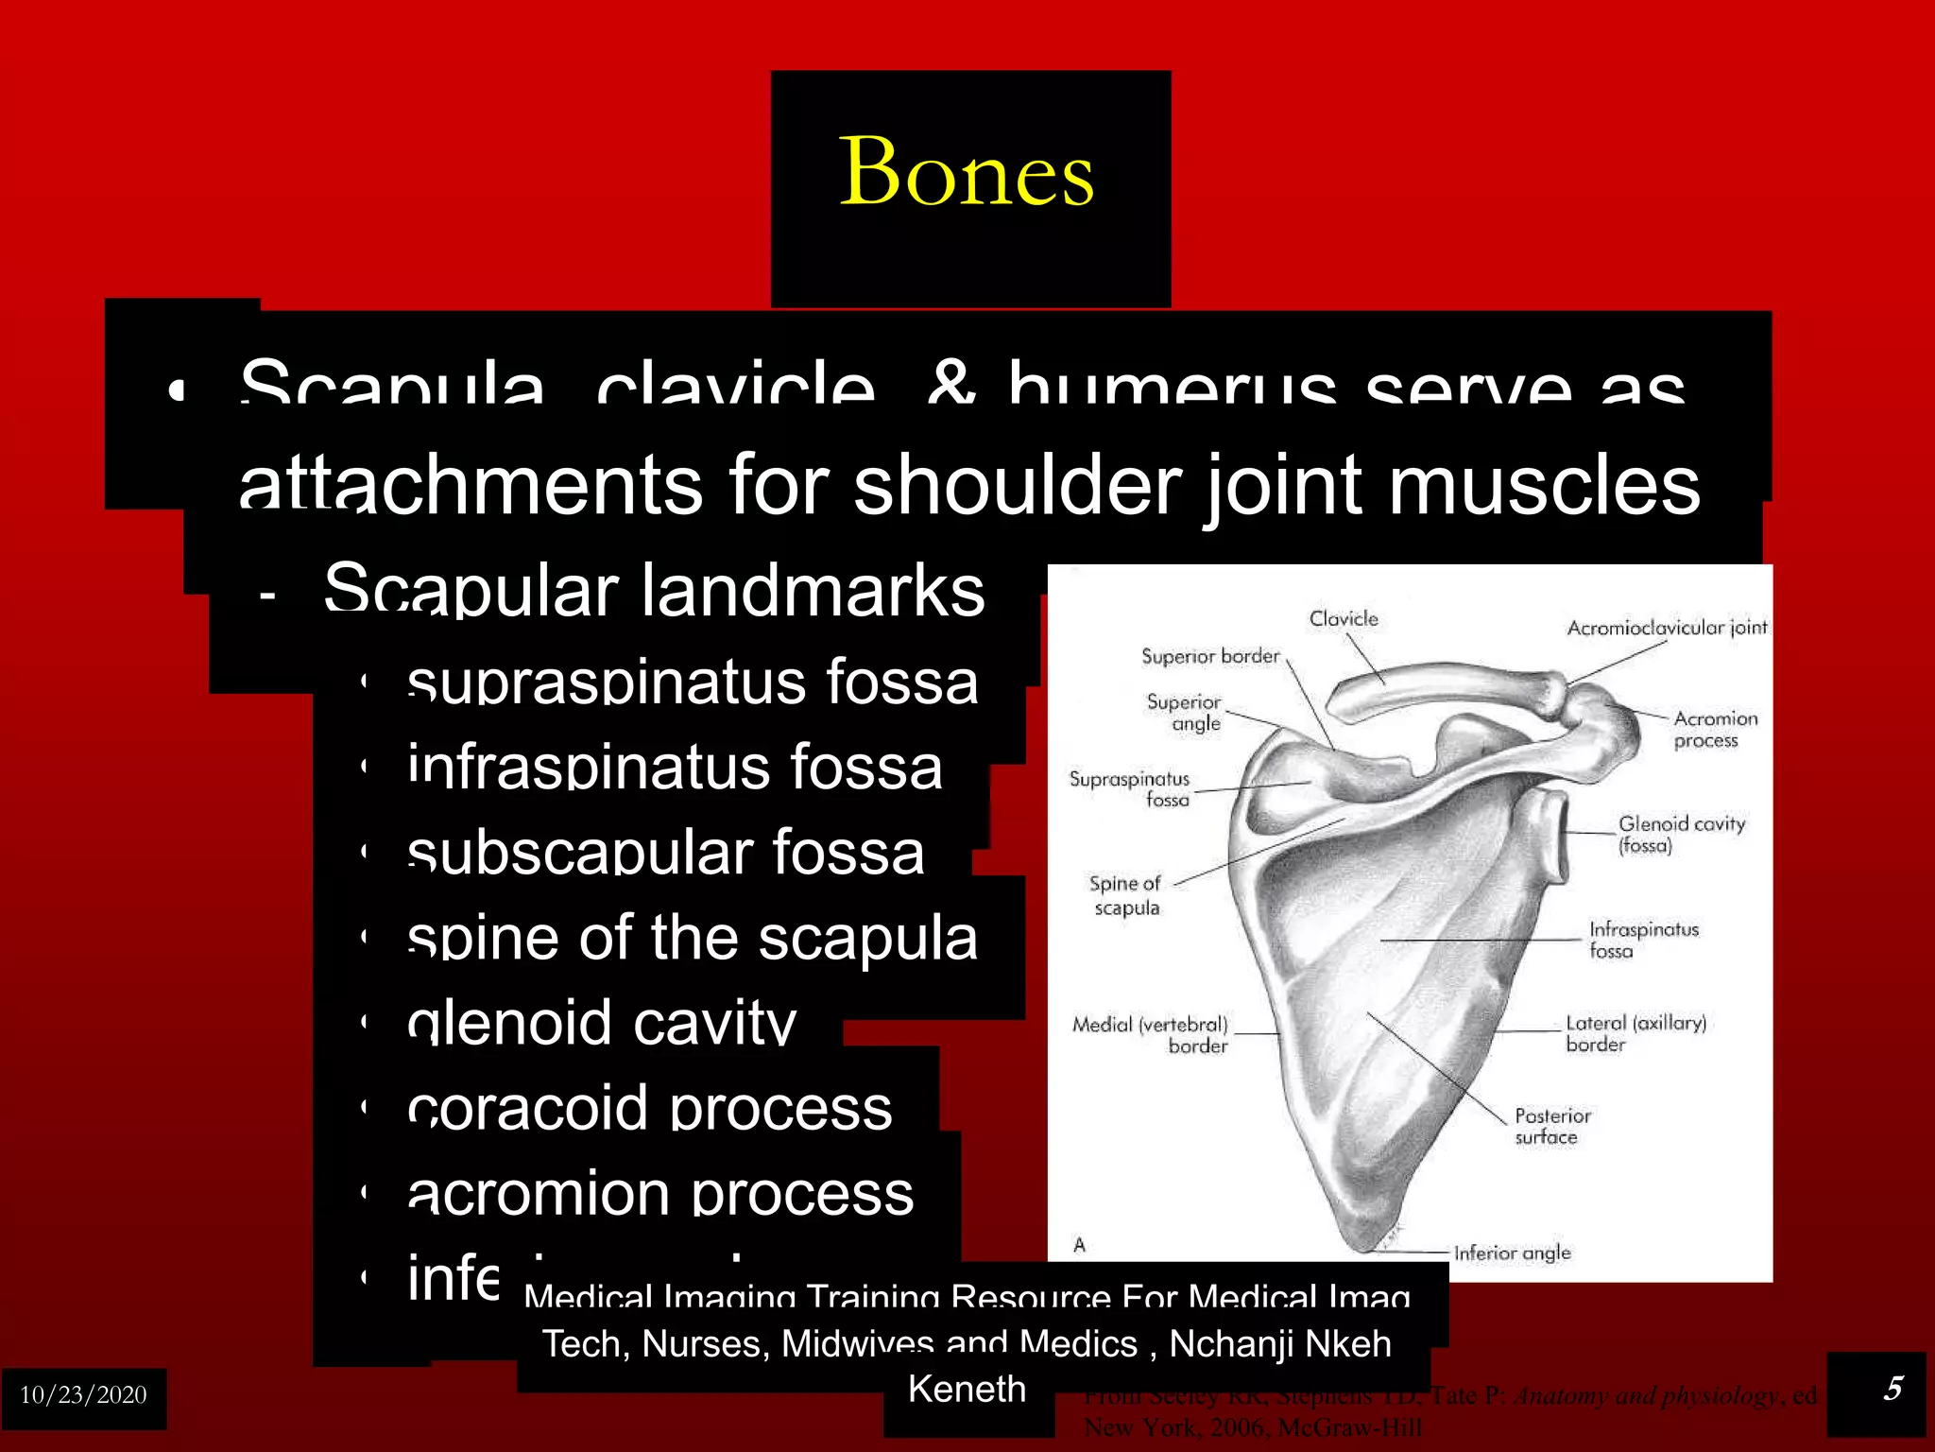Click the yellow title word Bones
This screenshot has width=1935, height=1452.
967,172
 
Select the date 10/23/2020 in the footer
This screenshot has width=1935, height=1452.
83,1395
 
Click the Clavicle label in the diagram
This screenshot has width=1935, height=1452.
1343,619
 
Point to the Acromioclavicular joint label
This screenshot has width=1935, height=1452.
1666,628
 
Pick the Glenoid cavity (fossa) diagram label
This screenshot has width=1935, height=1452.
1680,834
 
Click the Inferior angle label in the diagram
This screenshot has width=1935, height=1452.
1512,1253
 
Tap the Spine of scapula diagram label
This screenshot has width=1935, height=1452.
1124,895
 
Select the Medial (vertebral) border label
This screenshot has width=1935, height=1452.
1151,1035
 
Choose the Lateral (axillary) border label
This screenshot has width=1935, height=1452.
1635,1033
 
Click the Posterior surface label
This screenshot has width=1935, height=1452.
1551,1126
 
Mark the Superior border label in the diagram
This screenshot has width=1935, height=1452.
1209,656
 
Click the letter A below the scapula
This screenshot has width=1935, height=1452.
1079,1245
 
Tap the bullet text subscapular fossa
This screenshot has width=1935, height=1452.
665,852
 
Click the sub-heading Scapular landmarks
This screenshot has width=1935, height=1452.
654,590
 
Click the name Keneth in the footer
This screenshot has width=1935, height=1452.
967,1390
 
